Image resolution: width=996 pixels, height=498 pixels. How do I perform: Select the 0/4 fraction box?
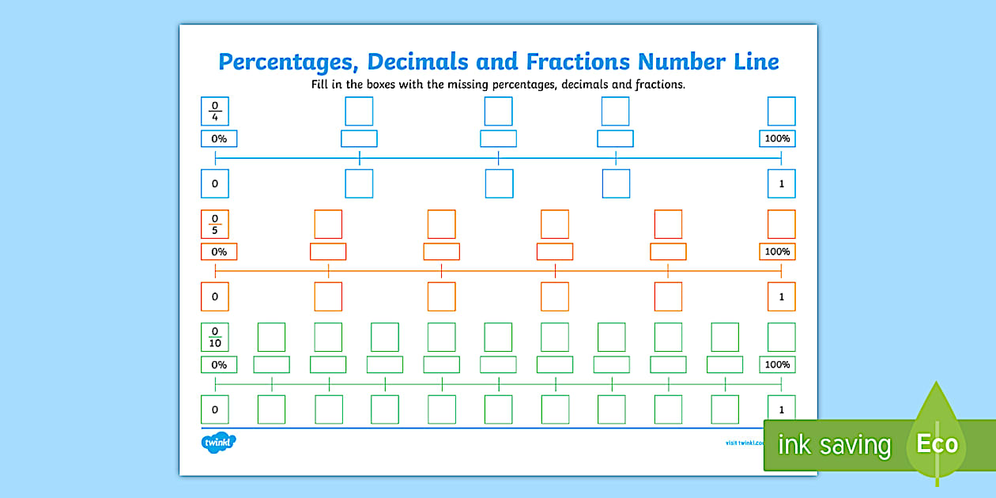[215, 111]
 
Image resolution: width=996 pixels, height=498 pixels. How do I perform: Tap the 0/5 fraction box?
[215, 224]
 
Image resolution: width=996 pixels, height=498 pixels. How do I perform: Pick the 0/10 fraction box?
[215, 338]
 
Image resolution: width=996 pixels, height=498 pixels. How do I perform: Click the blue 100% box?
[777, 139]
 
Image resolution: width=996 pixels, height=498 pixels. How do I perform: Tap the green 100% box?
[777, 364]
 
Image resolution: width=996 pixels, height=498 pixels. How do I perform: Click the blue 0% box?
[219, 139]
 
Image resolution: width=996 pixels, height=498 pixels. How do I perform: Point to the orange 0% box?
[219, 252]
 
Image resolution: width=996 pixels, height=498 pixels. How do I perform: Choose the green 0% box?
[219, 364]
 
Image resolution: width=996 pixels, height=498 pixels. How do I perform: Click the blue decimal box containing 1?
[782, 183]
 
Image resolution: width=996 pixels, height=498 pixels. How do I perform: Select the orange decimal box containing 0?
[215, 296]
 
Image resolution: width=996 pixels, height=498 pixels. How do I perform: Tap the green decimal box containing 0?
[215, 409]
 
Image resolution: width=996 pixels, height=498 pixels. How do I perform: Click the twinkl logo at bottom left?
[218, 442]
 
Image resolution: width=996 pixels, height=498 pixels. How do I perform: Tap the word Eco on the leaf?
[937, 444]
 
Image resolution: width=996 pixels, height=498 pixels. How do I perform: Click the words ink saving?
[834, 446]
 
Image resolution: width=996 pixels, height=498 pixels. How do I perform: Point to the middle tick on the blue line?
[499, 159]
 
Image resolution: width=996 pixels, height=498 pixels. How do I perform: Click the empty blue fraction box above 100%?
[782, 111]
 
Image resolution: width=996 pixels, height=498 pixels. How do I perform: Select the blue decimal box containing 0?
[215, 183]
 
